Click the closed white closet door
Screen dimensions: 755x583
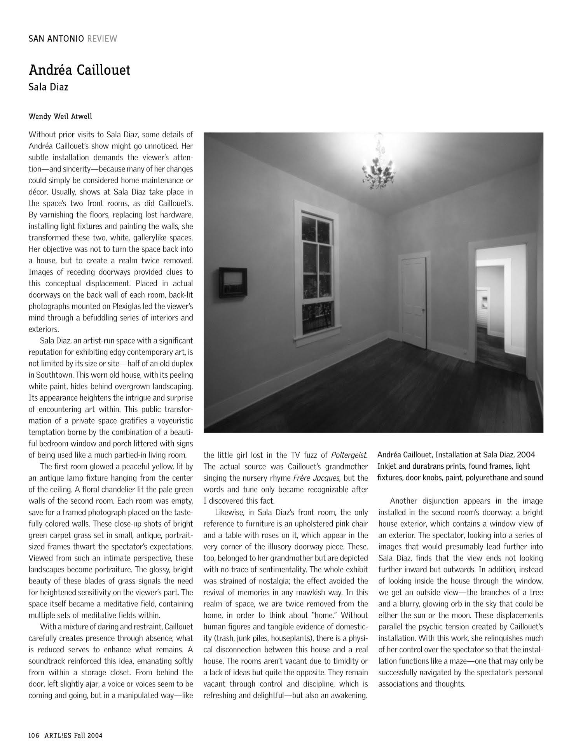pyautogui.click(x=414, y=301)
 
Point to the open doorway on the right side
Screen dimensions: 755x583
pyautogui.click(x=500, y=303)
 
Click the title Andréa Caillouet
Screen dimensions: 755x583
pyautogui.click(x=79, y=70)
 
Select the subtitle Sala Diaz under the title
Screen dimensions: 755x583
pyautogui.click(x=48, y=87)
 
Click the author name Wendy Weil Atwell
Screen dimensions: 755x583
pyautogui.click(x=60, y=116)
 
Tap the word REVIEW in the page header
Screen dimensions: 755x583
pyautogui.click(x=102, y=39)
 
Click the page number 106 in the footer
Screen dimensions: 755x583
pyautogui.click(x=34, y=735)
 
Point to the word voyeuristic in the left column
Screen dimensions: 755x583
pyautogui.click(x=169, y=421)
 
